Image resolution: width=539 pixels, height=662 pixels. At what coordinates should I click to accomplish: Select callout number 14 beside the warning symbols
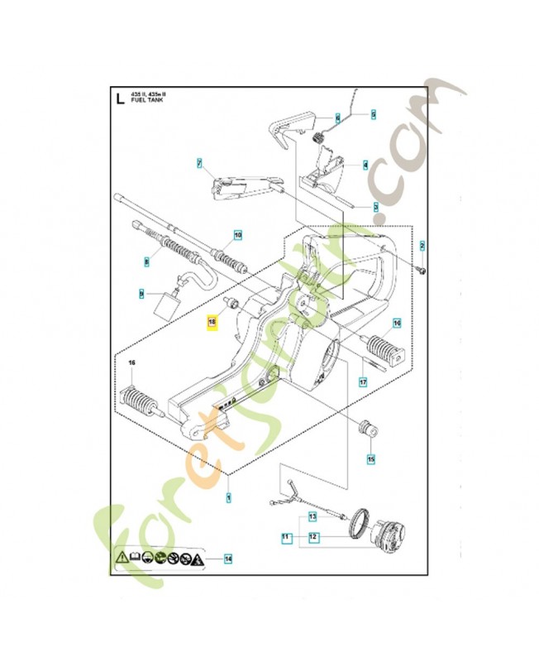[227, 559]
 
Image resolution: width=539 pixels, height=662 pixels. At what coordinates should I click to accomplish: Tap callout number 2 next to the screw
[422, 246]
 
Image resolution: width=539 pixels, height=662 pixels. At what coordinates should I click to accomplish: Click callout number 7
[199, 163]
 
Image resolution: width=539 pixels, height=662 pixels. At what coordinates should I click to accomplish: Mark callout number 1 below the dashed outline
[228, 496]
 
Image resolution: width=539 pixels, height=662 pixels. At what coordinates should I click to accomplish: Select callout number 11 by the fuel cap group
[285, 537]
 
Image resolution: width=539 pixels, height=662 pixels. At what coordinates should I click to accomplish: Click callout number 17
[361, 382]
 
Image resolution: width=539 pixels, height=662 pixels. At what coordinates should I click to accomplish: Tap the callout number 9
[141, 293]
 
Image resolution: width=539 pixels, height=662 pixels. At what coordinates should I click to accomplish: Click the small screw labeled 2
[423, 267]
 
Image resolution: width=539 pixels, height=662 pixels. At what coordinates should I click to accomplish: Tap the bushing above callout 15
[364, 429]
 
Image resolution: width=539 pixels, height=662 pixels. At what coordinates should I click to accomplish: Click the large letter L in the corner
[121, 101]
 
